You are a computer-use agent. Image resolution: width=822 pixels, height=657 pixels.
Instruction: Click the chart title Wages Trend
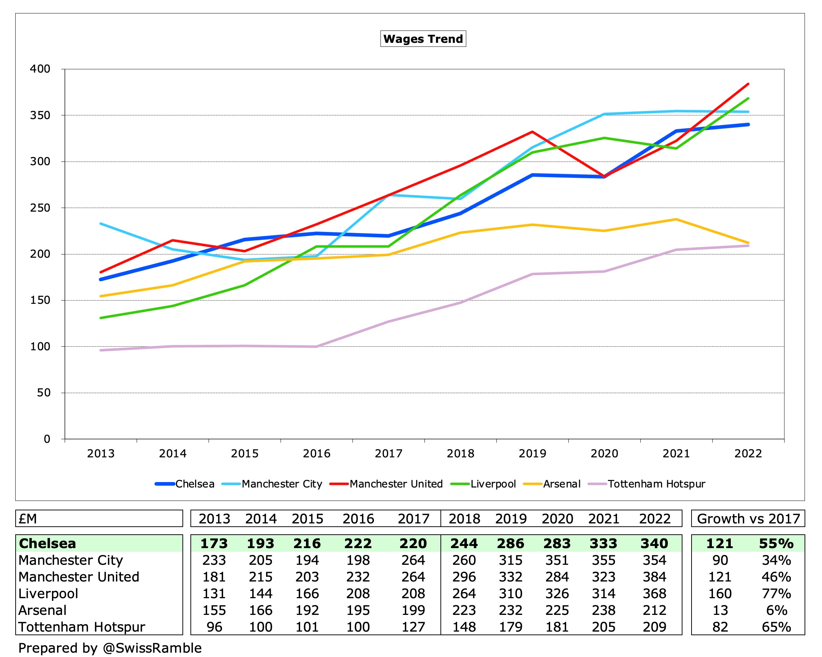point(423,39)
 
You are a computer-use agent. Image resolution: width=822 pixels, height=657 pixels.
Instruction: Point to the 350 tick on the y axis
point(40,115)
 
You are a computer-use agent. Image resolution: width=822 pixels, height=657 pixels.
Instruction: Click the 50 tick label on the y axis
point(44,393)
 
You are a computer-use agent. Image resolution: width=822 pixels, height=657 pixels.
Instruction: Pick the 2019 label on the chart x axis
point(532,454)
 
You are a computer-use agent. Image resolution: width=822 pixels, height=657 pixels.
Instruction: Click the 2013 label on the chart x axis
point(101,454)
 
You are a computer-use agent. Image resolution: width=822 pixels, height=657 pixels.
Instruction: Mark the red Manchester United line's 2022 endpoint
point(748,84)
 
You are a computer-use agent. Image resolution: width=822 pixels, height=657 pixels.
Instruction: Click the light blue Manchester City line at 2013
point(101,224)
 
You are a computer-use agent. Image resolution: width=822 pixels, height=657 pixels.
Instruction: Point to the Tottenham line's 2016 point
point(317,347)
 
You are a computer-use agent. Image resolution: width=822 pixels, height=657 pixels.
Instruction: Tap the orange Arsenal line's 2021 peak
point(676,219)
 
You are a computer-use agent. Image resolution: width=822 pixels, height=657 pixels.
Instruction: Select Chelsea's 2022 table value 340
point(654,543)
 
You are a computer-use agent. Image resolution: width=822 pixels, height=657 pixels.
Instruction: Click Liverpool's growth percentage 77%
point(776,593)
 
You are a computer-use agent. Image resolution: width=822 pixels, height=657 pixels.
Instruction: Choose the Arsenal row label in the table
point(42,610)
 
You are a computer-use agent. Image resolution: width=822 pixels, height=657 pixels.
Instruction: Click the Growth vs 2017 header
point(748,519)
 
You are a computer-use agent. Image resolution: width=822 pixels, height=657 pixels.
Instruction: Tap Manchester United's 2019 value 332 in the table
point(511,577)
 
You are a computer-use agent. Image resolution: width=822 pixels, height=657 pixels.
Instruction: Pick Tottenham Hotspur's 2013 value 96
point(214,627)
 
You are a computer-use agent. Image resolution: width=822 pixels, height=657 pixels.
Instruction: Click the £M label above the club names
point(28,519)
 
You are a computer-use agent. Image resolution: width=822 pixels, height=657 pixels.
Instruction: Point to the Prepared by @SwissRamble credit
point(110,648)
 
